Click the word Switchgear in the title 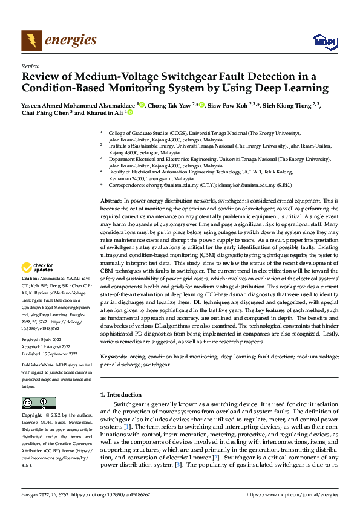pyautogui.click(x=190, y=76)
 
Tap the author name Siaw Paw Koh pyautogui.click(x=226, y=105)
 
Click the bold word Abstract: pyautogui.click(x=111, y=200)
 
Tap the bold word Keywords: pyautogui.click(x=114, y=358)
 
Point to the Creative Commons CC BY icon pyautogui.click(x=38, y=403)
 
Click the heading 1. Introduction pyautogui.click(x=123, y=394)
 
